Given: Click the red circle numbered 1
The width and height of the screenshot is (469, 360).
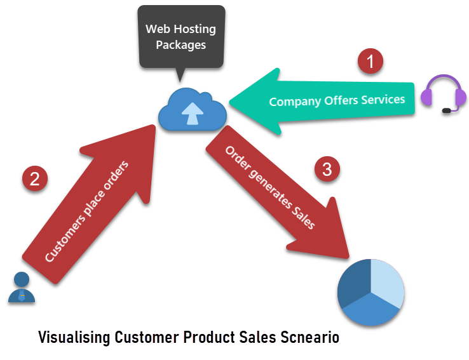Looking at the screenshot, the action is coord(370,61).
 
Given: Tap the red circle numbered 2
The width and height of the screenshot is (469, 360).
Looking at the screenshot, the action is coord(35,178).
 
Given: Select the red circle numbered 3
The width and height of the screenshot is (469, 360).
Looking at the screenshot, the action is coord(327,169).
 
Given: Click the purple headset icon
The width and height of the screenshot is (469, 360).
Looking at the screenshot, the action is coord(444,93).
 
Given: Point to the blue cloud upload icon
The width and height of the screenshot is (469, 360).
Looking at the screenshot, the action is coord(193,109).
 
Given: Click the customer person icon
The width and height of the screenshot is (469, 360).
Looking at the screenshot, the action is coord(22,287).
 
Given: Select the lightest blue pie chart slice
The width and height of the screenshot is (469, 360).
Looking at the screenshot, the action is coord(388,283).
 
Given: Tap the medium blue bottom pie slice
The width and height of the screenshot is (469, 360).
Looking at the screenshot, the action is coord(371,310).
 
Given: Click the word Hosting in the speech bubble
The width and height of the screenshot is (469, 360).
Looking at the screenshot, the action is coord(194,30).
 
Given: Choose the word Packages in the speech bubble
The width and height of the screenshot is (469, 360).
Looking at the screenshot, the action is coord(180,45).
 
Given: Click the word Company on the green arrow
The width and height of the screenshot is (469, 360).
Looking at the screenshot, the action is coord(295,102).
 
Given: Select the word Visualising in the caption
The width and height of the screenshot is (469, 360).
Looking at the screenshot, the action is coord(74,338).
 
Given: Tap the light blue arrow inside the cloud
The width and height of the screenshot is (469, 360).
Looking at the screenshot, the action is coord(193,113).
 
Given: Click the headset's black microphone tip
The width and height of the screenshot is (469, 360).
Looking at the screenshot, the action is coord(446,111).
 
